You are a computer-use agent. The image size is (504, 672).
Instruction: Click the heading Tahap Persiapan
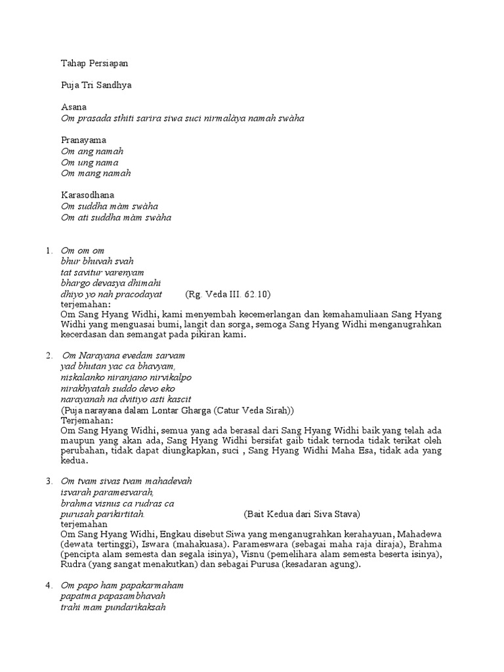[x=94, y=64]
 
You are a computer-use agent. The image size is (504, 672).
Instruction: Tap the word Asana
[x=73, y=107]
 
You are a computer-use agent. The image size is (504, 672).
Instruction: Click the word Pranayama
[x=84, y=140]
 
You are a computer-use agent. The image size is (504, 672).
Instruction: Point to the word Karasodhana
[x=87, y=196]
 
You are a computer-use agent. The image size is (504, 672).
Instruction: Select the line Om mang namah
[x=96, y=173]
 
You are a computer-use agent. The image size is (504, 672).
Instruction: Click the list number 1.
[x=48, y=251]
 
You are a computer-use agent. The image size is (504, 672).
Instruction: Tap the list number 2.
[x=48, y=355]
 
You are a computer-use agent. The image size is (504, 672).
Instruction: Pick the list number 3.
[x=48, y=481]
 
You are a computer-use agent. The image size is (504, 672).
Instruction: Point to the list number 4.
[x=48, y=585]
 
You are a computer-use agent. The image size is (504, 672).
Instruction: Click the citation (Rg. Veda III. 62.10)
[x=228, y=294]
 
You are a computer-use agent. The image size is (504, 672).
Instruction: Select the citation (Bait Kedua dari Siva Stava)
[x=302, y=514]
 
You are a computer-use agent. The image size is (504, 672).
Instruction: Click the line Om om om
[x=82, y=251]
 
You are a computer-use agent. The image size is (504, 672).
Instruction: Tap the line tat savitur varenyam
[x=102, y=272]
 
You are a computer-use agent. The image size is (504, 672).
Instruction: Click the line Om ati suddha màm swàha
[x=116, y=217]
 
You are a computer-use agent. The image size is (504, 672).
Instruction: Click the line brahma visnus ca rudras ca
[x=117, y=503]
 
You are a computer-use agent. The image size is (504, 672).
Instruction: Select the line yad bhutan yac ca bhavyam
[x=117, y=366]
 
